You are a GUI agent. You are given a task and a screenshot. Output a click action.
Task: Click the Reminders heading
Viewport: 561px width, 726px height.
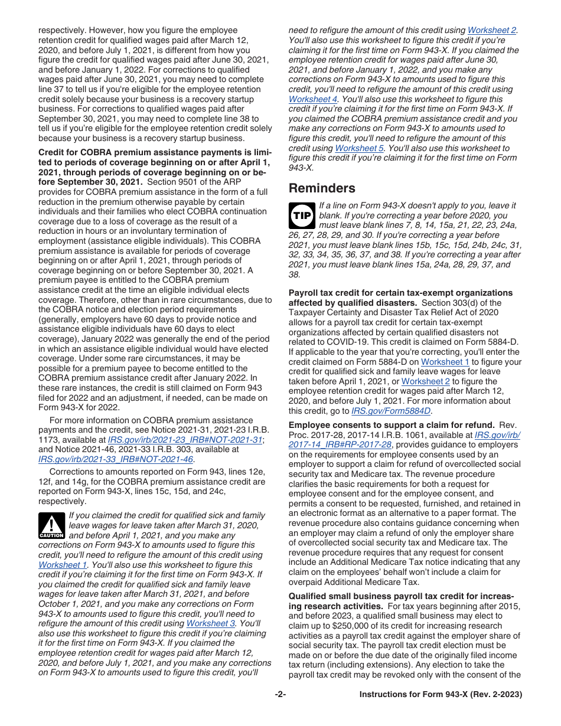point(322,188)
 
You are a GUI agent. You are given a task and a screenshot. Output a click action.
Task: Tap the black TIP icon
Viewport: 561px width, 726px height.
point(302,217)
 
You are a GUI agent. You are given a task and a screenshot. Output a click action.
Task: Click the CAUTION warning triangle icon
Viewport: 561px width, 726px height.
point(52,525)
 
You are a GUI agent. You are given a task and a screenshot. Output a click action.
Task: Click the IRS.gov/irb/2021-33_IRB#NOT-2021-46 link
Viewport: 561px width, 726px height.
point(116,459)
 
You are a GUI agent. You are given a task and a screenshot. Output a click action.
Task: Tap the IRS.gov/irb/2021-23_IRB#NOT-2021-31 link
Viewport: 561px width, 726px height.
point(185,440)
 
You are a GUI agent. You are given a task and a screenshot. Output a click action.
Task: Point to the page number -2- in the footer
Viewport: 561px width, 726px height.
point(280,695)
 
